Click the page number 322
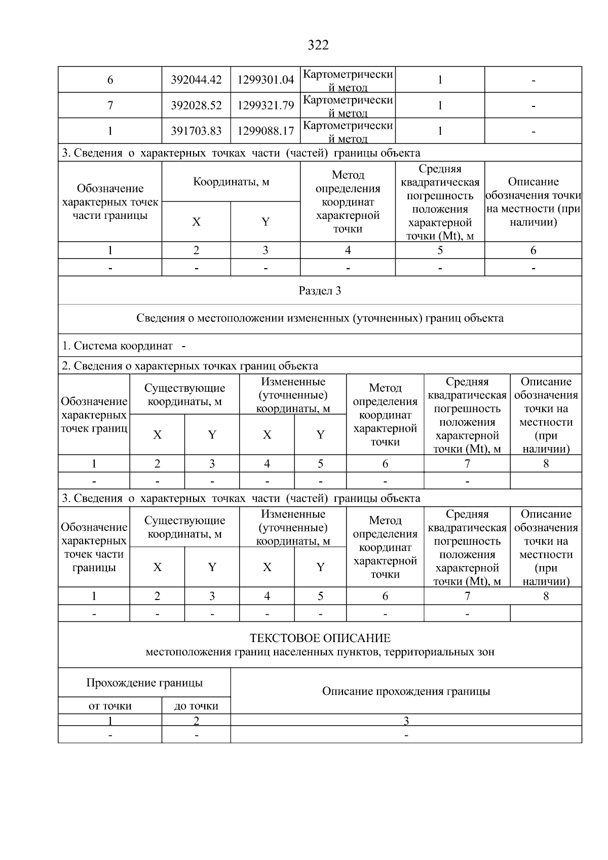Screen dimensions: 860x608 (318, 46)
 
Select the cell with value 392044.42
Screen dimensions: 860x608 (196, 80)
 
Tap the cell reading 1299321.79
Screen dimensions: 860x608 (265, 105)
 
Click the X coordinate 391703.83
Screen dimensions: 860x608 (196, 131)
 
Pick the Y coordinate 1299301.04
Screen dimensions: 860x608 (265, 80)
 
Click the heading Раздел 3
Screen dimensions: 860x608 (320, 291)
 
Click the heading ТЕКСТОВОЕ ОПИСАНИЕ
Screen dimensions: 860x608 (320, 639)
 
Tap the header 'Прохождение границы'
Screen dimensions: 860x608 (144, 683)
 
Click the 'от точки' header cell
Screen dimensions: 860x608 (110, 706)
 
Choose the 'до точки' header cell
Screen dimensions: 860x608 (196, 706)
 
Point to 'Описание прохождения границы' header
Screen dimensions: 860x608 (406, 691)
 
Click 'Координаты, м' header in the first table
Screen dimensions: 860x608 (231, 182)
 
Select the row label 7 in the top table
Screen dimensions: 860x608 (110, 105)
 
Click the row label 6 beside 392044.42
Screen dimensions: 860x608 (110, 80)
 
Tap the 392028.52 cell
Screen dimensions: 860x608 (196, 105)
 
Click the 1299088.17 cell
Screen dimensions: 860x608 (265, 131)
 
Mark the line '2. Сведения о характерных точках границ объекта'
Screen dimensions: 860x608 (190, 366)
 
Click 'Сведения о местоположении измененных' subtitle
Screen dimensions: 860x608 (320, 319)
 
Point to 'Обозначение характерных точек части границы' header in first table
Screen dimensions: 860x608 (110, 202)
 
